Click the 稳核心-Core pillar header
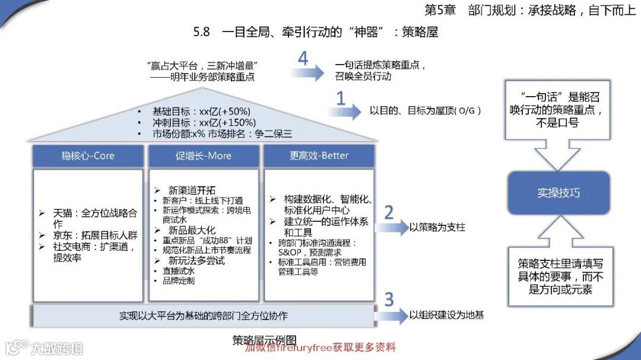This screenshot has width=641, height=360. pos(88,156)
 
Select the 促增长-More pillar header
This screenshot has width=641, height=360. pos(204,156)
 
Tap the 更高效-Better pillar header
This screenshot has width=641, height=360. pos(319,156)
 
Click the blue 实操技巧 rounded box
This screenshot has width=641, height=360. pos(557,193)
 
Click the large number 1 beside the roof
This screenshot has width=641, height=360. pos(341,98)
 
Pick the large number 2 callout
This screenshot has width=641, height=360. pos(389,212)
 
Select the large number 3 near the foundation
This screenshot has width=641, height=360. pos(389,300)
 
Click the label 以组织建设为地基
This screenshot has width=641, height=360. pos(446,315)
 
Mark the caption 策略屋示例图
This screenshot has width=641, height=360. pos(264,340)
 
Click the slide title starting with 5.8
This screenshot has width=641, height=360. pos(315,32)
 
